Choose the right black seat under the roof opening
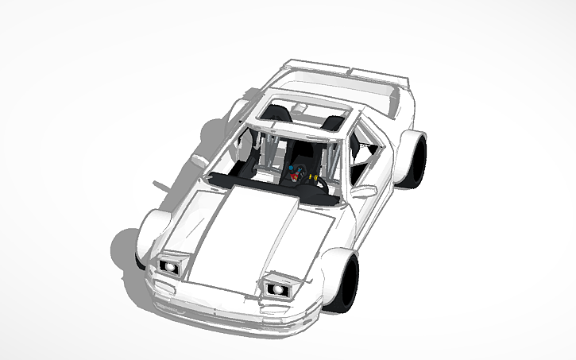click(334, 122)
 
